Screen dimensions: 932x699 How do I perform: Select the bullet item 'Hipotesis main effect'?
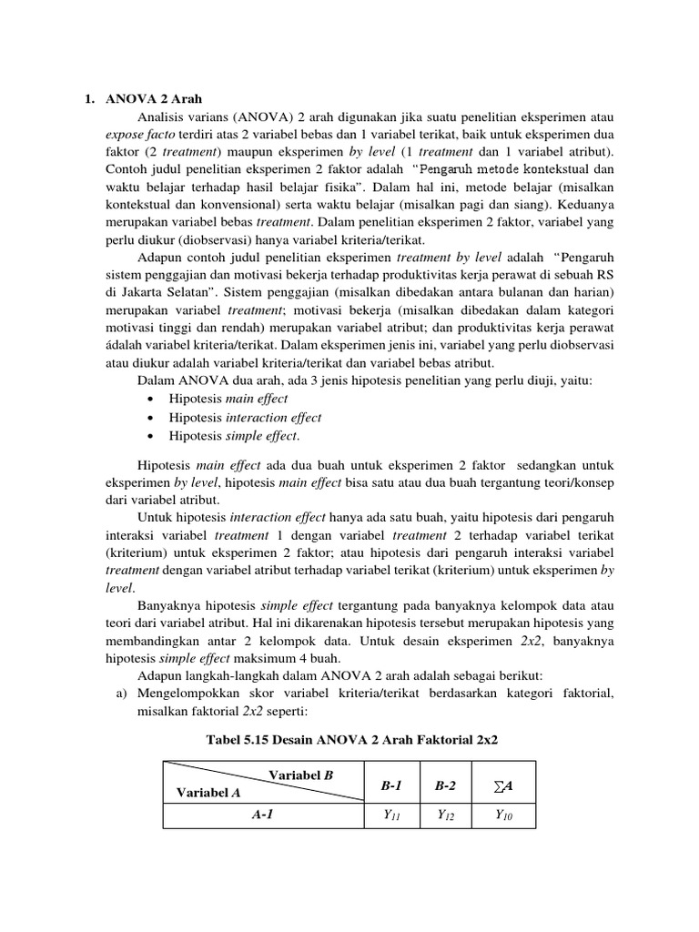tap(228, 399)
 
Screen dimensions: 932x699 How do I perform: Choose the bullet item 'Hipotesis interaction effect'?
tap(245, 418)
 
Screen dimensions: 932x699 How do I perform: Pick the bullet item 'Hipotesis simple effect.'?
tap(235, 436)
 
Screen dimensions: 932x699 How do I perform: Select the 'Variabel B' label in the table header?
tap(301, 775)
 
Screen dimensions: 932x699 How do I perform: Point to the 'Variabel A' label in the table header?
tap(208, 793)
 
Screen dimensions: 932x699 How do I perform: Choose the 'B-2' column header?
tap(446, 784)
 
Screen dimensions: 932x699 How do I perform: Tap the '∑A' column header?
tap(503, 784)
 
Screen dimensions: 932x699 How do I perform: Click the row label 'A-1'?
tap(263, 816)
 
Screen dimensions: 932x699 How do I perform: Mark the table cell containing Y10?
tap(503, 816)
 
